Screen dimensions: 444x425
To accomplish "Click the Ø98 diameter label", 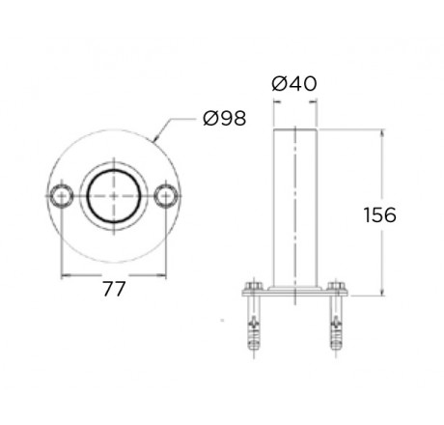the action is (225, 118).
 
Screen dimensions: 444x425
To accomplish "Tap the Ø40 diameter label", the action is (294, 84).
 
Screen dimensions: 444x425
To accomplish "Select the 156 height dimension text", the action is (380, 214).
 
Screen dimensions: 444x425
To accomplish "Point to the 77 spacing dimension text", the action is (114, 289).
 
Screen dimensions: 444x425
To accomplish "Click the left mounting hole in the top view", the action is (61, 196).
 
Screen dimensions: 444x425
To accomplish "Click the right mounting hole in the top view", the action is (166, 196).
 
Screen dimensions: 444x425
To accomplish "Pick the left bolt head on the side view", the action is (254, 286).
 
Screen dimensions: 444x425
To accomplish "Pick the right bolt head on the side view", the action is (336, 286).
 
